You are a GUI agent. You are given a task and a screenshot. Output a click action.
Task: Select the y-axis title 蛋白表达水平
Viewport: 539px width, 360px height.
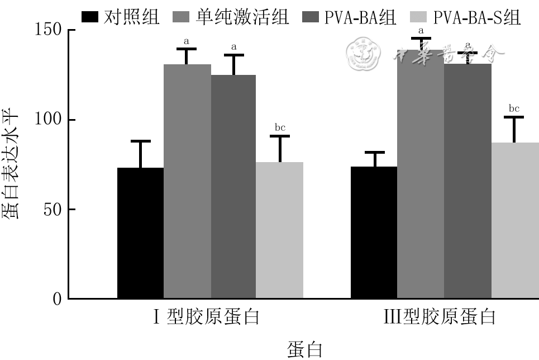(x=12, y=164)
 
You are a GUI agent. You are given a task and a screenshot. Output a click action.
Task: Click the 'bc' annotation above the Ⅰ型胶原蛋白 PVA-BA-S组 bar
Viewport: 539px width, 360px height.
(x=280, y=127)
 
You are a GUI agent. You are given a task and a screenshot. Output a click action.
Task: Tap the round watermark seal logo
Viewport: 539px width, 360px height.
(x=364, y=54)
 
